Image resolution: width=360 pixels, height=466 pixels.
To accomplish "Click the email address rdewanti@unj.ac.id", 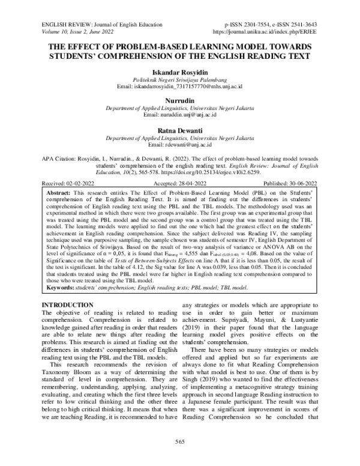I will [x=179, y=144].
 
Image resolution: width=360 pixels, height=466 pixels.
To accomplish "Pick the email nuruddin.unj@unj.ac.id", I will [x=179, y=116].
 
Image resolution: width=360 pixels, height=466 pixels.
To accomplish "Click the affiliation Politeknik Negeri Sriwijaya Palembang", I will [x=179, y=80].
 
